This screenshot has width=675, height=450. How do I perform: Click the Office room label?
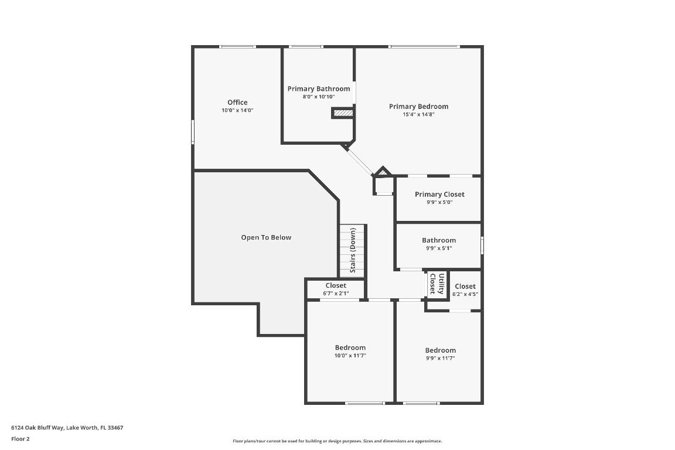point(237,103)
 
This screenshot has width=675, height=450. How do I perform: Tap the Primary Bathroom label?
point(318,88)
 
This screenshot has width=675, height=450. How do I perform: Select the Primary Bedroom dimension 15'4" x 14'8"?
point(418,115)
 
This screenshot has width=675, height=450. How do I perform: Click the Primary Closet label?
point(439,195)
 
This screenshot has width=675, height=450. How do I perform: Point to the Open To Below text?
point(266,237)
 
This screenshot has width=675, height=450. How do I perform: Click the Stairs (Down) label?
point(353,250)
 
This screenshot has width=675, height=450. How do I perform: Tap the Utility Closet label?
point(437,283)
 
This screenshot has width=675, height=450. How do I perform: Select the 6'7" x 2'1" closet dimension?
point(336,294)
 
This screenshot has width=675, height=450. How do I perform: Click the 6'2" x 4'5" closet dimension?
point(465,294)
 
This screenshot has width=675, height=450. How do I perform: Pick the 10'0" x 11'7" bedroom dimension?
point(350,356)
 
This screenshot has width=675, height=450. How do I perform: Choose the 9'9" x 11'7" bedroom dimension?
point(440,358)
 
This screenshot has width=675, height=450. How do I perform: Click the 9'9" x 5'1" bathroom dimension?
point(439,248)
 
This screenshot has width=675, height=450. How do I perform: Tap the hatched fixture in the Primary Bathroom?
point(343,113)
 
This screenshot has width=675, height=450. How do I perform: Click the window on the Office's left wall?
point(193,132)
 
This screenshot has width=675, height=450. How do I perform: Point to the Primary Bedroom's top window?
point(424,47)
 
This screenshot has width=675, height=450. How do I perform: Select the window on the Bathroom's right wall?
point(482,245)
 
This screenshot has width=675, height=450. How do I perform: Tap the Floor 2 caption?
point(20,439)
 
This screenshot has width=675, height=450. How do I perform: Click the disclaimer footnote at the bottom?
point(337,441)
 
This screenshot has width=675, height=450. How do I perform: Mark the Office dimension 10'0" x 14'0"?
point(237,111)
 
